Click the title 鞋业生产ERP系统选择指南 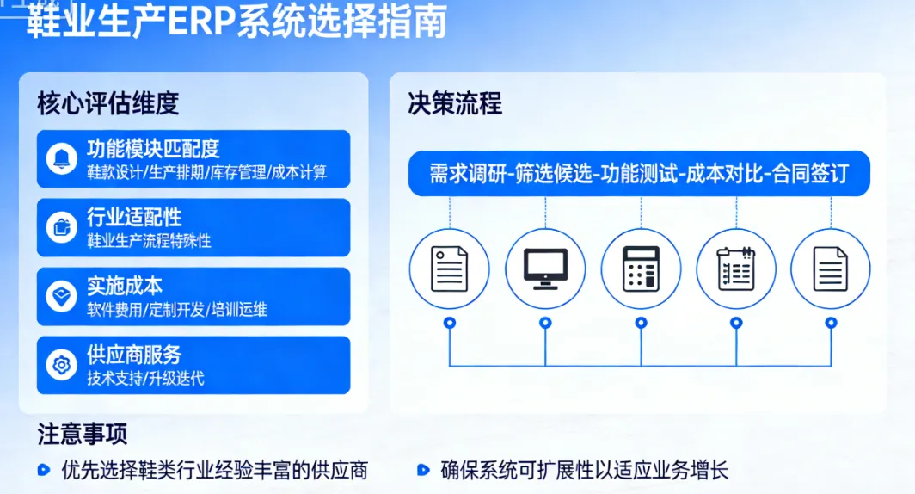coord(237,22)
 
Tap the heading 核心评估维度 coord(107,103)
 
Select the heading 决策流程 coord(455,104)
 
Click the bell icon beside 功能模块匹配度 coord(62,159)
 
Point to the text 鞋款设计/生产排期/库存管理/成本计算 coord(206,172)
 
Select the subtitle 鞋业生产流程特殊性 coord(149,241)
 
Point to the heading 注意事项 coord(83,435)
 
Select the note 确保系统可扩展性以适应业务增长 coord(584,471)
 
